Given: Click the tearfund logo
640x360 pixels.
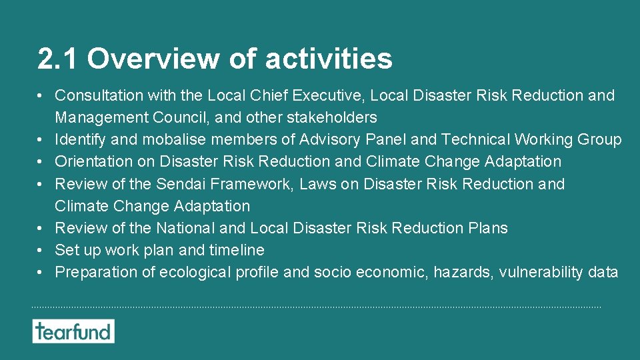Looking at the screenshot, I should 73,331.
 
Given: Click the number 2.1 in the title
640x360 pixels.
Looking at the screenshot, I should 59,59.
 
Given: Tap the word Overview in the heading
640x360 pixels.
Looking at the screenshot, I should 153,59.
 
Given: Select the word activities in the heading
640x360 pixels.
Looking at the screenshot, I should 329,59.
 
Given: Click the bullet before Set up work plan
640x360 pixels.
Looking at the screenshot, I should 41,251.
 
